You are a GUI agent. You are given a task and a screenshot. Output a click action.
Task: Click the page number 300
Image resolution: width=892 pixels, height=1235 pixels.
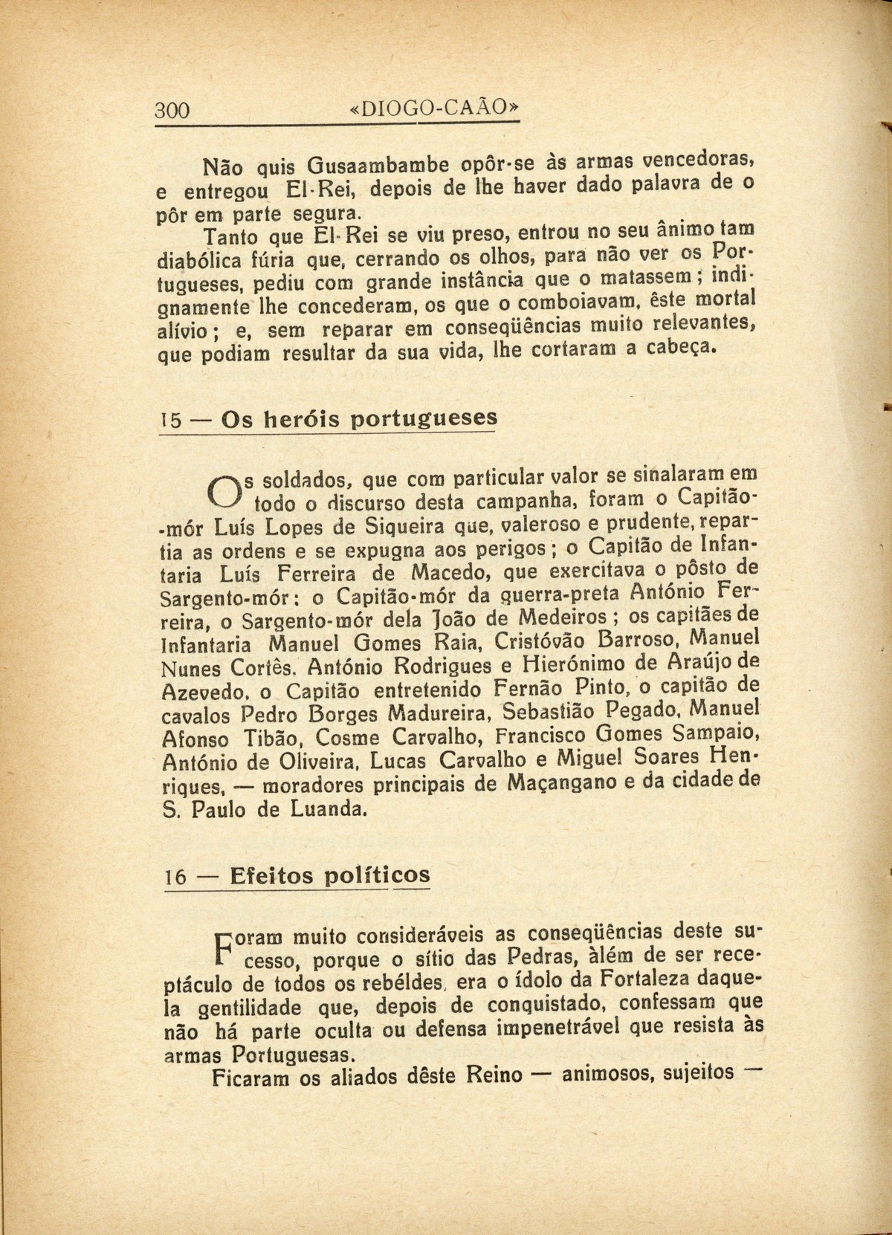172,111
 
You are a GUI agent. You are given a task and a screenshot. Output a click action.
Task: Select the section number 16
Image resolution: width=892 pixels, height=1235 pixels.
175,877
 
